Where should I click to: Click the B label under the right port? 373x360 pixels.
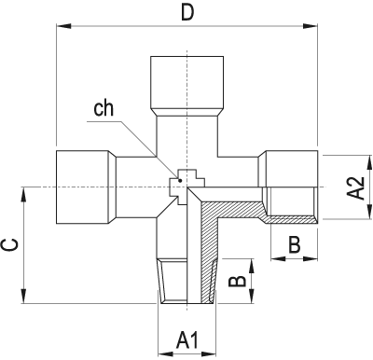[294, 246]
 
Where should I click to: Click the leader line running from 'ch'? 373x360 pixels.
[145, 144]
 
